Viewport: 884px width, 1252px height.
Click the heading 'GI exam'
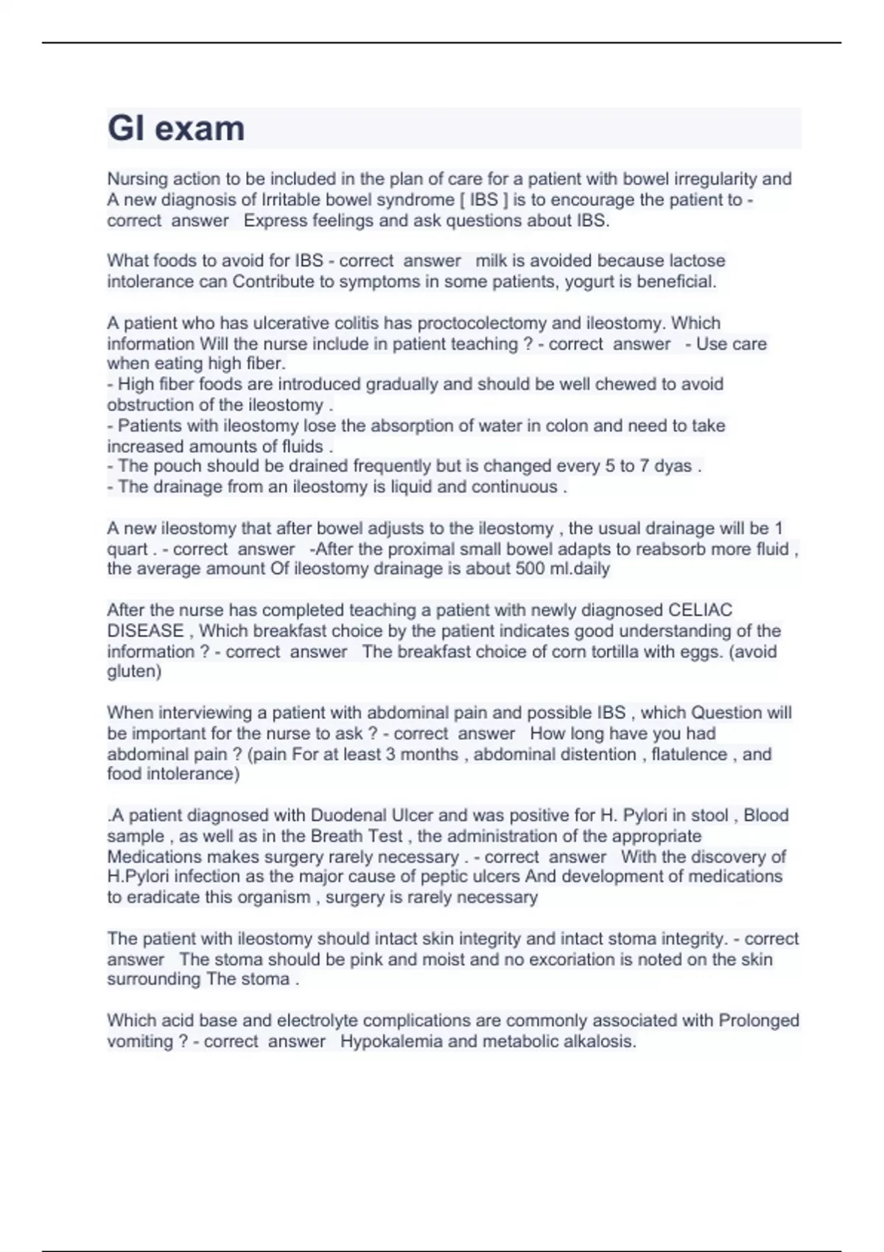176,128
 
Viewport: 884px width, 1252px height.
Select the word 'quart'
127,549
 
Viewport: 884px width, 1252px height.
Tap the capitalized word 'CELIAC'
700,611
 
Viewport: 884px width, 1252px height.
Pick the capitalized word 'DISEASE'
145,631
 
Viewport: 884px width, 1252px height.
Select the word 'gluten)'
134,672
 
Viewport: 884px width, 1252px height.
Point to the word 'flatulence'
690,754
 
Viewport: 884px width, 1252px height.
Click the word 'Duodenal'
348,815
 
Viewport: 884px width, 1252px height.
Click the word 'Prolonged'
759,1021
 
